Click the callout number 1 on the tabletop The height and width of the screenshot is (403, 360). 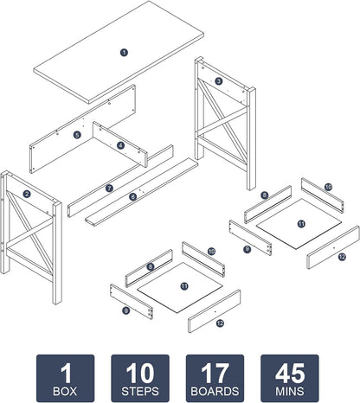click(x=124, y=53)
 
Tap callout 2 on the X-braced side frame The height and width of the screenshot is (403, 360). click(x=27, y=194)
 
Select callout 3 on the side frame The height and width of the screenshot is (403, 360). click(x=219, y=81)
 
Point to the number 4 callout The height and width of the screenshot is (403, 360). click(x=121, y=145)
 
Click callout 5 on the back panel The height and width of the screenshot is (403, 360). click(x=77, y=135)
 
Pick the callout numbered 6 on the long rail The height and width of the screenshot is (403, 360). click(x=132, y=197)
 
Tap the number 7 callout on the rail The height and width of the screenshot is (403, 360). click(x=109, y=189)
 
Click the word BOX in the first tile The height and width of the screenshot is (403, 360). click(x=65, y=391)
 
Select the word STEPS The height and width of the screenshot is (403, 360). click(x=140, y=391)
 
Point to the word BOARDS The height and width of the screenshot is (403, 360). click(x=215, y=391)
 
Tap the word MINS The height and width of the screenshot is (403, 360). click(x=290, y=391)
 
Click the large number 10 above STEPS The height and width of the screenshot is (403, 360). click(x=140, y=373)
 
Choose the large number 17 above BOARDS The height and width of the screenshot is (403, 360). click(x=215, y=373)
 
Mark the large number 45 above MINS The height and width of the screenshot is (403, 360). click(x=290, y=373)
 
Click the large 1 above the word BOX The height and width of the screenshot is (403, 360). click(x=66, y=373)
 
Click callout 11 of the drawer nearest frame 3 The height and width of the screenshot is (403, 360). click(x=301, y=224)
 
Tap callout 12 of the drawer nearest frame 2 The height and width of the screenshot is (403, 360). click(x=220, y=323)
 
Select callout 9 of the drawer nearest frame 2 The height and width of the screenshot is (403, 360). click(x=125, y=310)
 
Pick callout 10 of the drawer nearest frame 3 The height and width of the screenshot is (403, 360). click(x=328, y=187)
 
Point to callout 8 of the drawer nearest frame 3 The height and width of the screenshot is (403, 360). click(x=265, y=195)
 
